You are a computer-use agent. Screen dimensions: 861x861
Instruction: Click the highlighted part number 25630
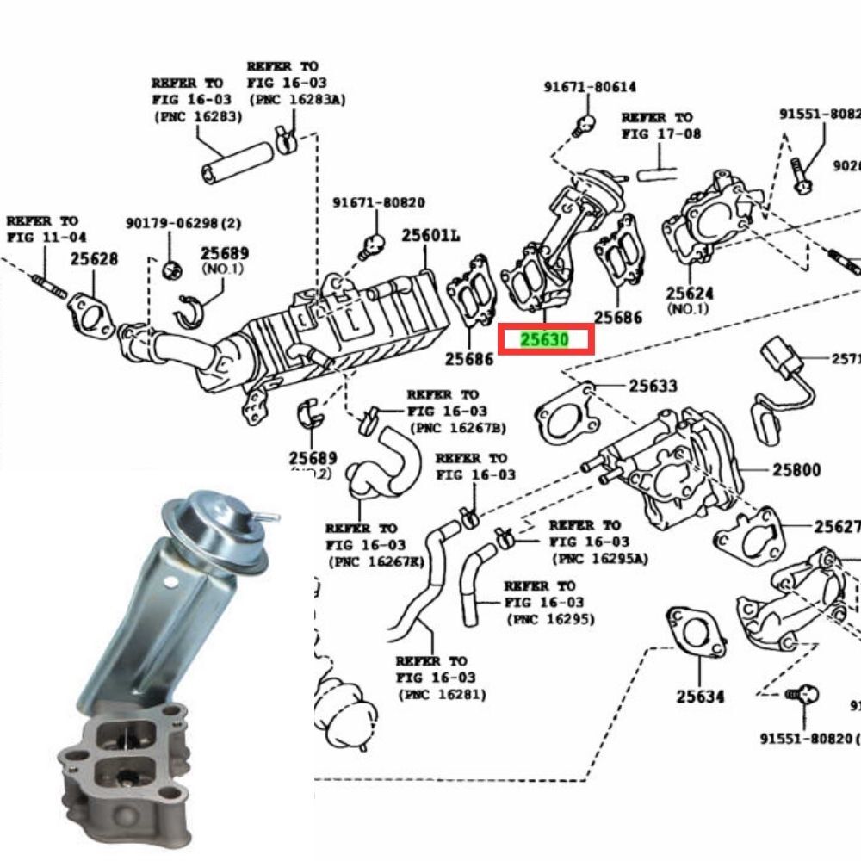[544, 339]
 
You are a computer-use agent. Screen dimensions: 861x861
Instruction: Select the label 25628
[94, 258]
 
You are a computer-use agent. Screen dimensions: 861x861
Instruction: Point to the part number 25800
[796, 470]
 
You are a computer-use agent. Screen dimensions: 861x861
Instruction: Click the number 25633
[653, 387]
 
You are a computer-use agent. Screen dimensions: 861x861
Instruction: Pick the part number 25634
[700, 696]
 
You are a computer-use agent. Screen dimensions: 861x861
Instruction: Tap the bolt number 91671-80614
[590, 87]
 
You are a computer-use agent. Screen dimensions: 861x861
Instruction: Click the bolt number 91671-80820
[379, 203]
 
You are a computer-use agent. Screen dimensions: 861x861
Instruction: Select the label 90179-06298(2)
[183, 223]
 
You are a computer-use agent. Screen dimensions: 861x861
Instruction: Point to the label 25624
[690, 292]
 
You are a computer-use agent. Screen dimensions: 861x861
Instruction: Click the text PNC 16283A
[297, 100]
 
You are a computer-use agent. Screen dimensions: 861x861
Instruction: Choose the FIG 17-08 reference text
[660, 133]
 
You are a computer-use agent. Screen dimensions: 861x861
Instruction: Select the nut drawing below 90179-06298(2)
[172, 268]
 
